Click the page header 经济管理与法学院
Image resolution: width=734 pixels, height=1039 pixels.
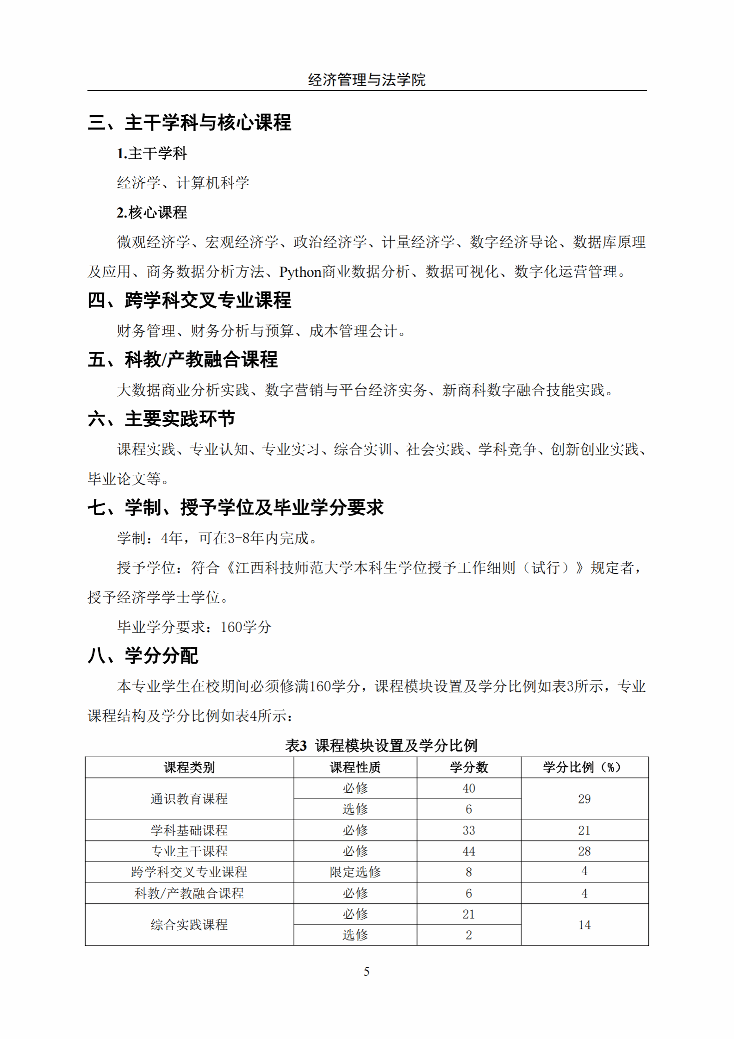pos(367,80)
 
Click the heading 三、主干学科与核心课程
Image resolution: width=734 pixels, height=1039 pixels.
pos(189,123)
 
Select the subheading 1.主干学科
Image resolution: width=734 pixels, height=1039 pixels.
pos(152,154)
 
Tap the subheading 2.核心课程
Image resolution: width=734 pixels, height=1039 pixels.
pos(152,213)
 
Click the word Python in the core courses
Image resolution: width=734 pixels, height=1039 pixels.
pos(300,272)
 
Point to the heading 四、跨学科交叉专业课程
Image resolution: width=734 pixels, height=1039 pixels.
pos(189,301)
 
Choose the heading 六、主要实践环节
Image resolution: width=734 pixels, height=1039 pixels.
pos(161,419)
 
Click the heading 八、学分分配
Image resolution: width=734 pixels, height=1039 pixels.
pos(143,656)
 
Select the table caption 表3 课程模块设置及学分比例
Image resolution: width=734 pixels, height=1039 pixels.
pos(381,746)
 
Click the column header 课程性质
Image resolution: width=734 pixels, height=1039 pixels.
pos(355,768)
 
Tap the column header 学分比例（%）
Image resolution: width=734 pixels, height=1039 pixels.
pos(584,768)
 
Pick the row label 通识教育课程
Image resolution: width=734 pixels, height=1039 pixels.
pos(189,799)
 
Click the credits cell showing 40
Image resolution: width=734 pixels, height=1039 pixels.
pos(468,789)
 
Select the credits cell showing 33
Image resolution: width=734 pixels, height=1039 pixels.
pos(468,831)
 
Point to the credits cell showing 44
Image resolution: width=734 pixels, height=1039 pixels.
pos(468,852)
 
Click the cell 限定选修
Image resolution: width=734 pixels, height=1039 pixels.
pos(355,872)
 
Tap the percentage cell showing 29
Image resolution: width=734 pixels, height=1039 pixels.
pos(584,799)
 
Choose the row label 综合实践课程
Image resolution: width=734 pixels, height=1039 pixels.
pos(189,925)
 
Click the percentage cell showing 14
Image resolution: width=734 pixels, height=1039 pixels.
pos(584,925)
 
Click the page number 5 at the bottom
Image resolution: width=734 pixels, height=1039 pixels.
pos(367,971)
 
